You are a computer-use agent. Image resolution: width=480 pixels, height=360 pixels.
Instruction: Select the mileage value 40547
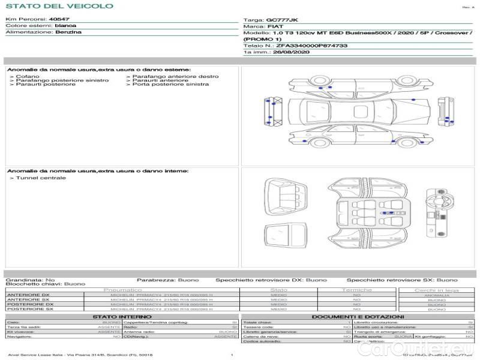(59, 20)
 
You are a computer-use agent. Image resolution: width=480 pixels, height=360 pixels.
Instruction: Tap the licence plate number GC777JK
(281, 20)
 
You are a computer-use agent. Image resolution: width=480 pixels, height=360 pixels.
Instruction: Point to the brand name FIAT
(275, 27)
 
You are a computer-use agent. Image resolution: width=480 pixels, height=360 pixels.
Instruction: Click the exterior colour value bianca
(65, 26)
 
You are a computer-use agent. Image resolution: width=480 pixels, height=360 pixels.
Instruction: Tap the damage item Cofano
(28, 77)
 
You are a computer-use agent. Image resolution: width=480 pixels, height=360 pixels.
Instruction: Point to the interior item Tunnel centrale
(41, 178)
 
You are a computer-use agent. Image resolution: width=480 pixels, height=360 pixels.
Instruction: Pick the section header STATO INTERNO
(122, 317)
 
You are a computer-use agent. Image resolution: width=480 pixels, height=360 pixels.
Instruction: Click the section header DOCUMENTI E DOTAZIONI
(358, 317)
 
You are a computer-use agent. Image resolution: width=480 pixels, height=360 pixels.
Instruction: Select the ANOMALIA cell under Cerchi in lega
(436, 295)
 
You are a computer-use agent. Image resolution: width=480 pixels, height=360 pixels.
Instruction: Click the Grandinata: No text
(30, 280)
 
